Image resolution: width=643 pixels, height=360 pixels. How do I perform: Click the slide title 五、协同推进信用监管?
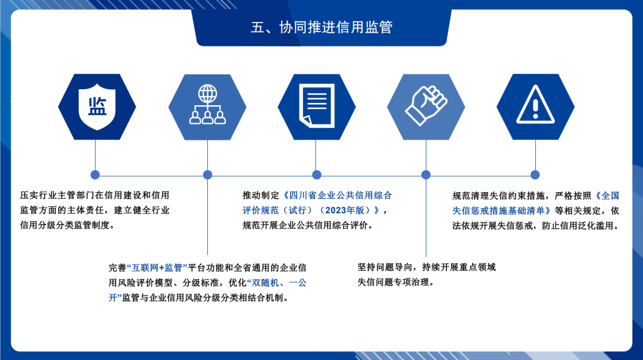[321, 27]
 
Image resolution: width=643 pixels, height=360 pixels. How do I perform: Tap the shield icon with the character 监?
[97, 106]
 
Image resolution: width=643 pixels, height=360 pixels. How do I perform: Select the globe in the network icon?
[208, 94]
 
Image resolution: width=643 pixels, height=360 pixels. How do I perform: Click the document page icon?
[317, 106]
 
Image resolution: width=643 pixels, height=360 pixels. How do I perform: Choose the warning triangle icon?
[535, 105]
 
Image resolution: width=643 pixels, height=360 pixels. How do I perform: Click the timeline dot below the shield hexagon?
[95, 175]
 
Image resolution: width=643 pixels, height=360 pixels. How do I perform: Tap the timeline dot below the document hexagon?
[317, 175]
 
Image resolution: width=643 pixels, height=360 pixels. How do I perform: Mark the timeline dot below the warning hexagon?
[535, 175]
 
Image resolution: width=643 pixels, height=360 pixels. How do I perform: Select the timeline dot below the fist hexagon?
[426, 175]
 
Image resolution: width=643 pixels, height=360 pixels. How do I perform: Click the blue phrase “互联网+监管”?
[157, 268]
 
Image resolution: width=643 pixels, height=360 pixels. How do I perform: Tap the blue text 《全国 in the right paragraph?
[607, 196]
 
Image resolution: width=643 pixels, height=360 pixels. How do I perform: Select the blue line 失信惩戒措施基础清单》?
[502, 211]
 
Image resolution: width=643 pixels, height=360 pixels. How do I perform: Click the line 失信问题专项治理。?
[396, 282]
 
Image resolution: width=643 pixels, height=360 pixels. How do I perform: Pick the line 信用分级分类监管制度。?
[68, 225]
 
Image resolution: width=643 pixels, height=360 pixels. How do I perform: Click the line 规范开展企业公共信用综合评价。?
[308, 225]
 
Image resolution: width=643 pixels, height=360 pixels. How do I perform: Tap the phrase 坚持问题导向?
[384, 267]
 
